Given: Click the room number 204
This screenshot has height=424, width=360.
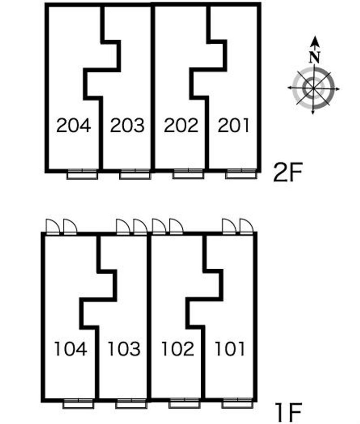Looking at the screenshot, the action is point(73,126).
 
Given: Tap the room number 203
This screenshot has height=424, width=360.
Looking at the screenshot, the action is point(127,126).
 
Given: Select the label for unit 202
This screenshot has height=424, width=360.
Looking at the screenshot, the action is point(181,126).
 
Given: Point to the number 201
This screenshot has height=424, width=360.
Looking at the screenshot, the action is point(233,126).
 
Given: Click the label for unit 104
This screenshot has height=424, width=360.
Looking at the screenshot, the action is point(71,348).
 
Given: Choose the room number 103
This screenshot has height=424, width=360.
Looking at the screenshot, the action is point(124,348).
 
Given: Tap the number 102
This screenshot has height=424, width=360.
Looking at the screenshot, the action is point(178,348).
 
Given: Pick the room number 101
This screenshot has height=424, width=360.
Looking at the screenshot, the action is point(230,348).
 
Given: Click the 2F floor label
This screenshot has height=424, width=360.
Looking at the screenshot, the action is point(288,172).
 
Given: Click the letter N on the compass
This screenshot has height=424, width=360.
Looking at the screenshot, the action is point(315,57).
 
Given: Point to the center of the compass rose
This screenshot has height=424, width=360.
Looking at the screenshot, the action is point(314,88).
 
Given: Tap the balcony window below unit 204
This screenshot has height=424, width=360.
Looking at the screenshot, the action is point(82,174).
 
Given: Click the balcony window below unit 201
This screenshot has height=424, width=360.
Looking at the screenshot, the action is point(241,174).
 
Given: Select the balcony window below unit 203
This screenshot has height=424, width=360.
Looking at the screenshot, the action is point(135,174).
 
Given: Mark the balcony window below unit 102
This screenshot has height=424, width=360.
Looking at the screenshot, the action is point(184,403).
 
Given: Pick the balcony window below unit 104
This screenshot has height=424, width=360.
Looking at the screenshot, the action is point(78,403).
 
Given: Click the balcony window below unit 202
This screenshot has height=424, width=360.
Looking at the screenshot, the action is point(188,174).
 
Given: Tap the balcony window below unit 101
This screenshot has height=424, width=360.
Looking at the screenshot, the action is point(237,403).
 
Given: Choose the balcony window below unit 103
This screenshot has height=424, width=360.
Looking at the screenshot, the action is point(131,403).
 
